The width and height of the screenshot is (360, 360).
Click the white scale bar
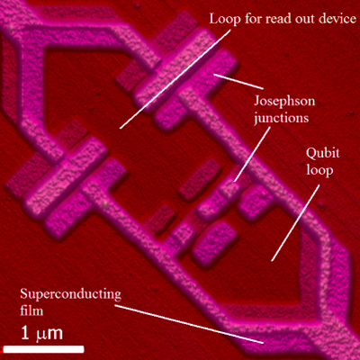43,349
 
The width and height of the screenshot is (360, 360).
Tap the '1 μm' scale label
41,334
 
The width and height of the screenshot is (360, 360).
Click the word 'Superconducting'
71,295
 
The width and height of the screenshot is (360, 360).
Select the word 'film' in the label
31,310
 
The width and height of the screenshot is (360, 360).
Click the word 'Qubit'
322,154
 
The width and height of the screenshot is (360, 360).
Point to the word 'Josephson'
284,102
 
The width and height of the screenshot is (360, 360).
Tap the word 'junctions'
282,118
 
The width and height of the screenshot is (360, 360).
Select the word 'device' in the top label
337,19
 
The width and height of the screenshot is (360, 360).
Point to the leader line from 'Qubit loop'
295,223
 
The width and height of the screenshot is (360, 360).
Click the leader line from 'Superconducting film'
189,324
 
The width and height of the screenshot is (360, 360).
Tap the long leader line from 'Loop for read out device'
175,78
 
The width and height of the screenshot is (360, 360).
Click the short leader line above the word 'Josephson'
238,82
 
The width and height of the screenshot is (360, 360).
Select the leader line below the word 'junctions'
252,154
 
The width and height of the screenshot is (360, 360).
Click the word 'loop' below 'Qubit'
319,170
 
